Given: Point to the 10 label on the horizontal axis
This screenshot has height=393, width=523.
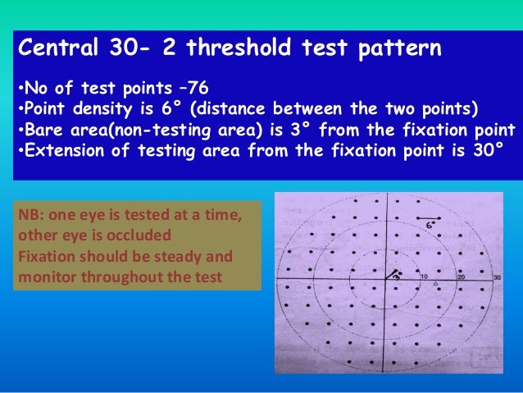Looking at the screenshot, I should click(424, 278).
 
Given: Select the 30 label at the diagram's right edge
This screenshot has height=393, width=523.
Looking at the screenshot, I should click(496, 278).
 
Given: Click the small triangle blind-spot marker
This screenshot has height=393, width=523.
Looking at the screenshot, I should click(436, 285).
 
